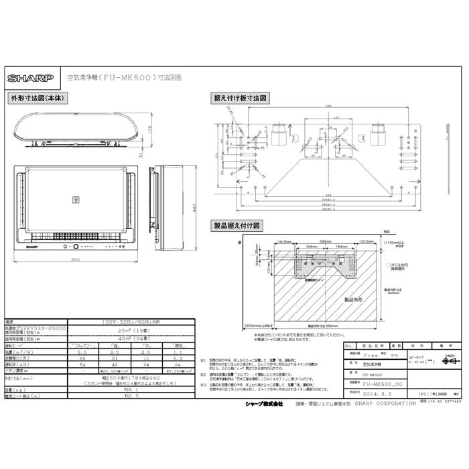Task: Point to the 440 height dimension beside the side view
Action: [195, 208]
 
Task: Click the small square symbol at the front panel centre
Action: [75, 199]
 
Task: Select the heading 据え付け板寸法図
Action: [241, 98]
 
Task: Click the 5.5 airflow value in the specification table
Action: [82, 351]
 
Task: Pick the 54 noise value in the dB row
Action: [82, 363]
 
